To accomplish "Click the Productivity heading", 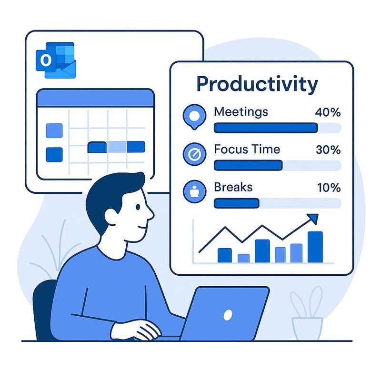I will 257,84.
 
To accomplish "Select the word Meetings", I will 241,112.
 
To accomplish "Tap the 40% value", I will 328,112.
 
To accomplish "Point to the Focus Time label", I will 247,149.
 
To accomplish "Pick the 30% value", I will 328,150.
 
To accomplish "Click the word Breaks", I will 233,187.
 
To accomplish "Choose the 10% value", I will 329,187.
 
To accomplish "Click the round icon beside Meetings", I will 194,116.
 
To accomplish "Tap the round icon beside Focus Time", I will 194,154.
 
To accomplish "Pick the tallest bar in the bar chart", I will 315,247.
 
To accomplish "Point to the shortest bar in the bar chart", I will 243,258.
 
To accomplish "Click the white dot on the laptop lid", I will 228,315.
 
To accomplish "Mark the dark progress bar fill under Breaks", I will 236,203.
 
